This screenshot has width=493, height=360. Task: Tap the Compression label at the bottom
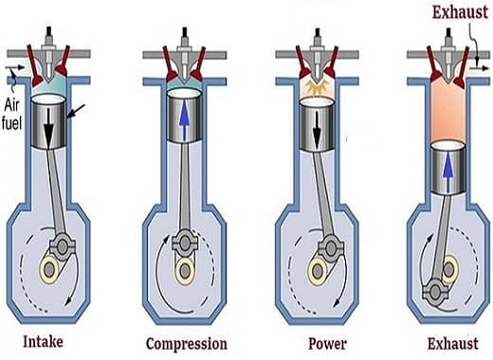coord(186,342)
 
